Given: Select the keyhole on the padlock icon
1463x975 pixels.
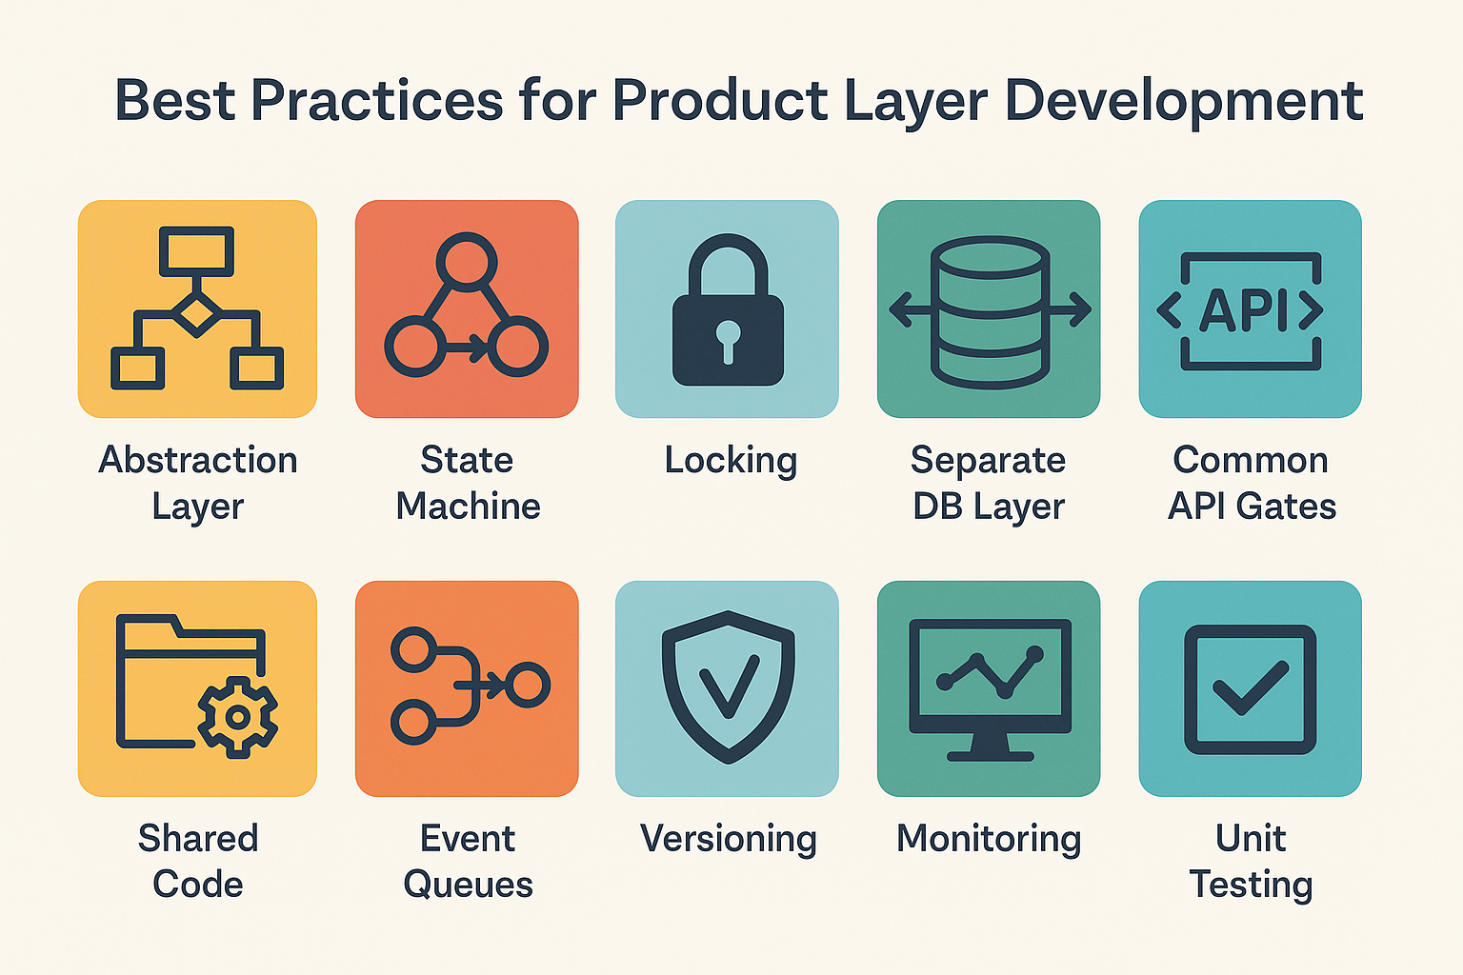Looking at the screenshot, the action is coord(728,340).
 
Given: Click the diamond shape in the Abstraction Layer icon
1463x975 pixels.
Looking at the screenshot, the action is coord(196,315).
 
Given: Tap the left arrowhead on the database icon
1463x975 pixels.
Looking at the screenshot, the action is coord(900,309).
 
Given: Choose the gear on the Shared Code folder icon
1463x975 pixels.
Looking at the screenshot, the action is coord(238,717).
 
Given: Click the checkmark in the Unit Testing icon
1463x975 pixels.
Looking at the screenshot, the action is coord(1250,688).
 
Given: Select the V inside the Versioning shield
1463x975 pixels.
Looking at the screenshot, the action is coord(729,686).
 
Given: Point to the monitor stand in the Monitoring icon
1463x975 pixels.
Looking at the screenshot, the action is coord(991,746).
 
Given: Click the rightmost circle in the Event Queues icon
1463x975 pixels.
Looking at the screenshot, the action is coord(527,685).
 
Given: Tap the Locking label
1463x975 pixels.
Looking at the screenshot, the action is coord(731,461).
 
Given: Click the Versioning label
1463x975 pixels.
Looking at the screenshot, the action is coord(729,839).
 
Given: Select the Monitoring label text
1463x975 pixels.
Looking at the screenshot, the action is coord(989,839).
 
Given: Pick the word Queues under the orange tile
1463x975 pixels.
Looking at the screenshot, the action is coord(469,885).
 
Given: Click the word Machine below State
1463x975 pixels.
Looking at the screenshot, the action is coord(469,507).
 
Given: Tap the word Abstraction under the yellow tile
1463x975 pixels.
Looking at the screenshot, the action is coord(198,460).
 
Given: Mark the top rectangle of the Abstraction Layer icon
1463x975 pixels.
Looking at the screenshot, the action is coord(196,251).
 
